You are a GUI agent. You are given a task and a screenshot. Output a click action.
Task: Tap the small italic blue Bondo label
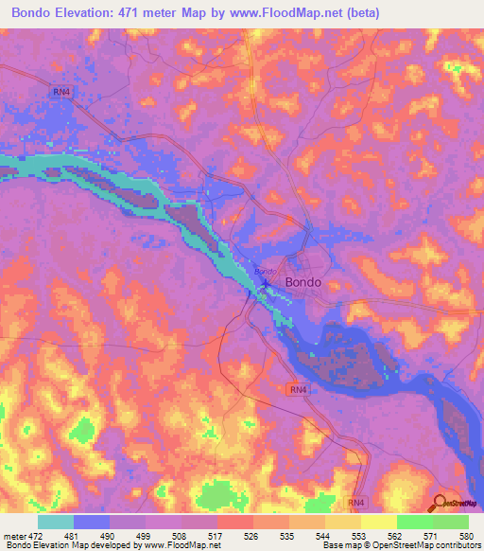click(262, 273)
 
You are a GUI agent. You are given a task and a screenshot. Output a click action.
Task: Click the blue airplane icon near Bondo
click(266, 283)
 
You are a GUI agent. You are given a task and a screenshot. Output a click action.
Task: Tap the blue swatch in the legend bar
click(91, 522)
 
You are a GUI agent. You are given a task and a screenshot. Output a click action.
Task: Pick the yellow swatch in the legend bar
click(378, 522)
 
